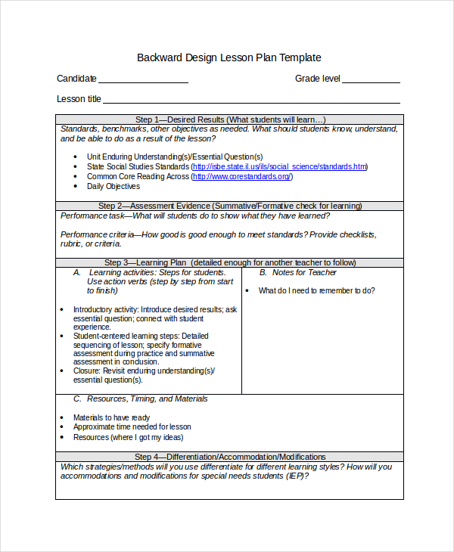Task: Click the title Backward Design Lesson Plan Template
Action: point(229,57)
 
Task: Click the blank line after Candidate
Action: point(143,81)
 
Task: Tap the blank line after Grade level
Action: point(371,81)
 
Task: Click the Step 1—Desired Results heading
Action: point(230,119)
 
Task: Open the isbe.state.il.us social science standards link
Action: point(279,166)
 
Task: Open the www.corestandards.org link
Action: point(241,176)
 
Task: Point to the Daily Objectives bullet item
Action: point(113,186)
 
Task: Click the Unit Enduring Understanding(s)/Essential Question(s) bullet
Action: point(175,157)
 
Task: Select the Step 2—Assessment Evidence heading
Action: point(230,206)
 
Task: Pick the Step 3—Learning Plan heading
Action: point(230,262)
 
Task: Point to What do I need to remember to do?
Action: point(316,290)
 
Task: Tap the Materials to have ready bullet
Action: point(111,417)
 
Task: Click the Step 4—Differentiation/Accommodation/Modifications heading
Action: point(230,457)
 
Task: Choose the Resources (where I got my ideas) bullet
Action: point(128,437)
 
